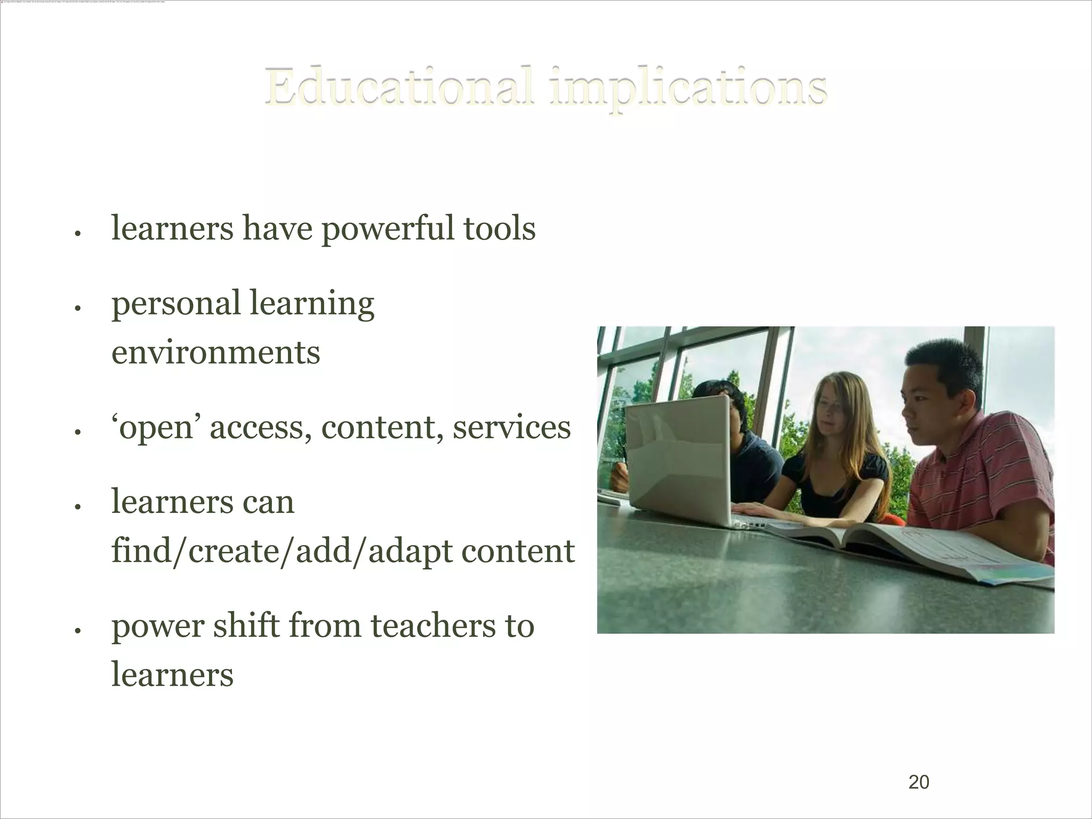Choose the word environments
(215, 352)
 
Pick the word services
(511, 428)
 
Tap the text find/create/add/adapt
(282, 551)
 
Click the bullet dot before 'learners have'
(77, 234)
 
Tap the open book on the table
(906, 549)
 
